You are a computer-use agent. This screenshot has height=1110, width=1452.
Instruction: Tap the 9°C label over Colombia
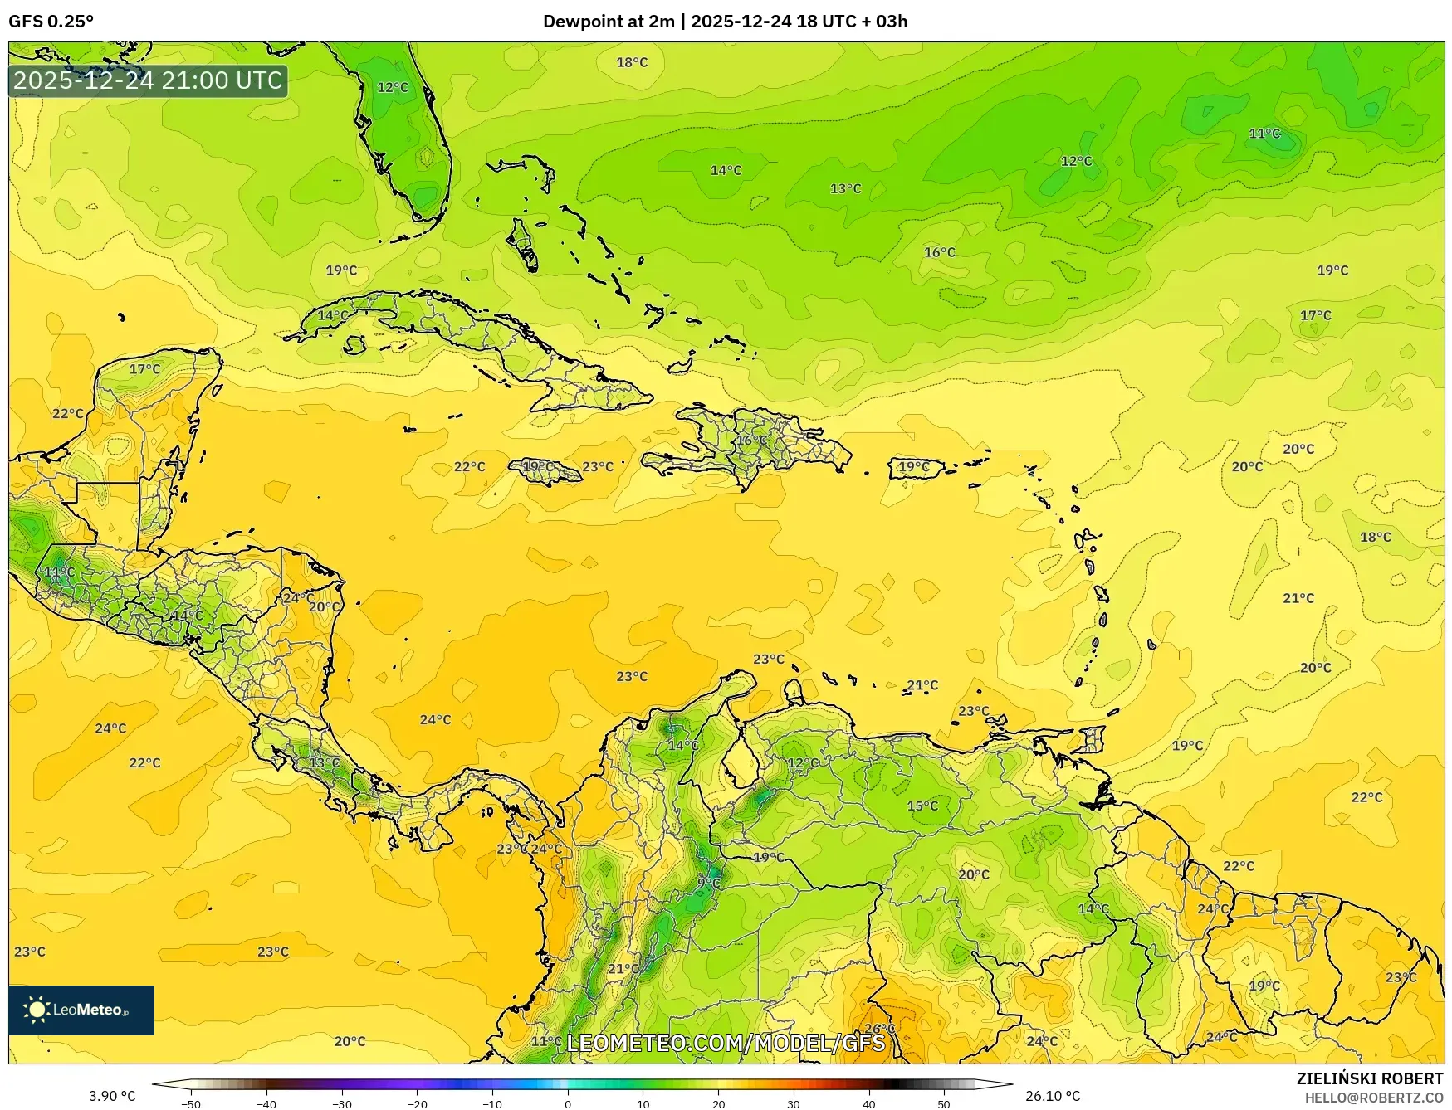coord(708,883)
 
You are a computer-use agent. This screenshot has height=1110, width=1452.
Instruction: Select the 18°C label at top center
coord(632,62)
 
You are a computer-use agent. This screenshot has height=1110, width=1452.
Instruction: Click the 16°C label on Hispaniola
coord(752,441)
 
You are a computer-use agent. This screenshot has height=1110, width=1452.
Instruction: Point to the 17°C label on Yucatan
coord(144,368)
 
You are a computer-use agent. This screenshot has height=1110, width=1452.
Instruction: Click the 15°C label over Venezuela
coord(922,806)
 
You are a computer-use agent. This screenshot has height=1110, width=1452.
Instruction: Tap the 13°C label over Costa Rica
coord(324,762)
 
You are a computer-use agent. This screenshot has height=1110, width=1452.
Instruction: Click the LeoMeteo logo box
coord(81,1010)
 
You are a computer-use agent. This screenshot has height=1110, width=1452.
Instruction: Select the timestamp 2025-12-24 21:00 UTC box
coord(148,80)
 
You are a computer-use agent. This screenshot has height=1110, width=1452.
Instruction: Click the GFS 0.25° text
coord(51,22)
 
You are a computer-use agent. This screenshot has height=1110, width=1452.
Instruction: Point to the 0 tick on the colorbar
coord(568,1104)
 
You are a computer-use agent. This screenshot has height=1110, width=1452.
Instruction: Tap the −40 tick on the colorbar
coord(266,1104)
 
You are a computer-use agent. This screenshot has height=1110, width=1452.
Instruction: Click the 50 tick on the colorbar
coord(944,1104)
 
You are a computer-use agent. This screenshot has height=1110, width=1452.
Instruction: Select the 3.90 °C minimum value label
coord(112,1096)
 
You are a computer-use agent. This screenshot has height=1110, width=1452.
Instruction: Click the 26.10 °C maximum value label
coord(1052,1096)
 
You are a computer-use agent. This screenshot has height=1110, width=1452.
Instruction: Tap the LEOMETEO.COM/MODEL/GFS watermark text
coord(726,1043)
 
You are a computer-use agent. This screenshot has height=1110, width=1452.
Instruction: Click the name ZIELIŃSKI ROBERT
coord(1370,1078)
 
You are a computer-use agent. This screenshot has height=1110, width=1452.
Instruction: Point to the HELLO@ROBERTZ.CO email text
coord(1373,1098)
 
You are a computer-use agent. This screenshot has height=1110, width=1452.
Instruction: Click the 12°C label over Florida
coord(393,87)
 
